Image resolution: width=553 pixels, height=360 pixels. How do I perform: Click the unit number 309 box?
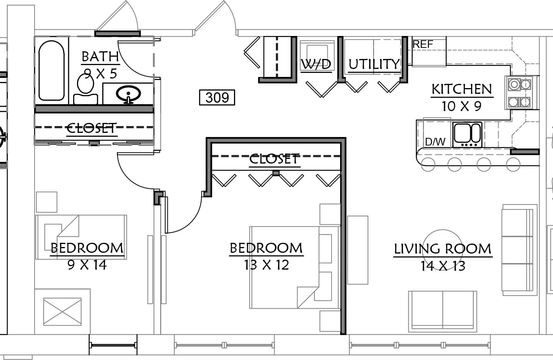click(217, 98)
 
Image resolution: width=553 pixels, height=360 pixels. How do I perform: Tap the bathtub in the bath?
click(52, 70)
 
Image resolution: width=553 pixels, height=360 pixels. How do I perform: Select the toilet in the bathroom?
click(85, 89)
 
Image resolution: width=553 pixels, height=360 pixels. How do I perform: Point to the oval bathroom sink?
click(128, 94)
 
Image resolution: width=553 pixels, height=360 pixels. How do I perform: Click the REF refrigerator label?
click(423, 44)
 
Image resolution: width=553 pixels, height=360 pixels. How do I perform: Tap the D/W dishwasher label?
click(435, 142)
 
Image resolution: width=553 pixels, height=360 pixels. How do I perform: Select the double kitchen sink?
click(467, 134)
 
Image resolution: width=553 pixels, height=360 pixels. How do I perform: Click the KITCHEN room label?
click(461, 89)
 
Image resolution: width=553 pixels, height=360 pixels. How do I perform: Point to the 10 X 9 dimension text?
click(461, 106)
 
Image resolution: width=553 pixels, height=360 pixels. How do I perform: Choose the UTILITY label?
click(374, 64)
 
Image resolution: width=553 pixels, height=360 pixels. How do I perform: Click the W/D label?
click(316, 64)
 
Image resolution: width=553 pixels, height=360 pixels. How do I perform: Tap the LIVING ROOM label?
click(443, 249)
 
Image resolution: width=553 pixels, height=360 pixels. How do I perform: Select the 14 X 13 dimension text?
click(443, 266)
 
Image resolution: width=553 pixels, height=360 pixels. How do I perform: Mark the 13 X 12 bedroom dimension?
click(267, 265)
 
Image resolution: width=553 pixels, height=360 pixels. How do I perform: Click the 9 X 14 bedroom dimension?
click(87, 265)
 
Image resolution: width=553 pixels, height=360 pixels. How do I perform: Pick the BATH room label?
click(100, 57)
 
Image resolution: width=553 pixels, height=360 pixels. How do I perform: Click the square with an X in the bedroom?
click(62, 312)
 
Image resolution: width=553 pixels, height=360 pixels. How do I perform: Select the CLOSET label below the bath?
click(92, 128)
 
